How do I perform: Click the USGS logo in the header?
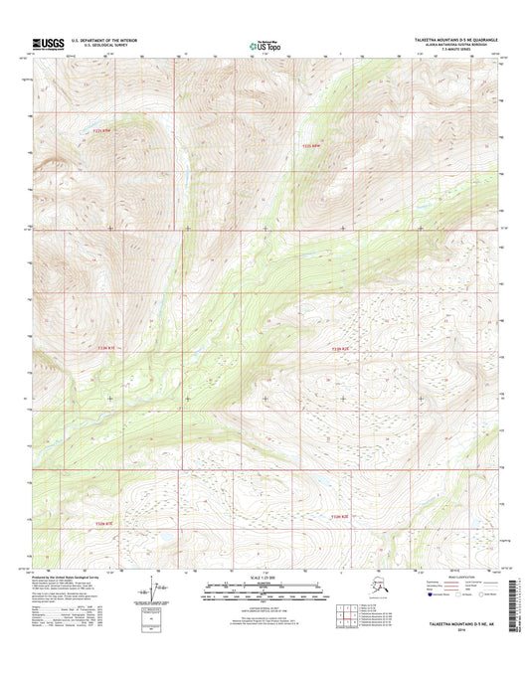[48, 43]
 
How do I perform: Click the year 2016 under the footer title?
[467, 628]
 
